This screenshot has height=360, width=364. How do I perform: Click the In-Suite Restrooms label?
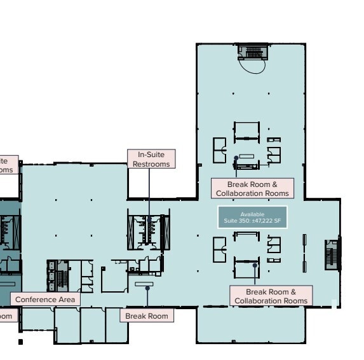pyautogui.click(x=151, y=159)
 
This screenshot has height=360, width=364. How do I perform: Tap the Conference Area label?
pyautogui.click(x=45, y=299)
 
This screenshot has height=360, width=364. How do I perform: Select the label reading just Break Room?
pyautogui.click(x=147, y=315)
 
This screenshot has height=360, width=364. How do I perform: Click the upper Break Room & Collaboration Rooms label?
pyautogui.click(x=252, y=188)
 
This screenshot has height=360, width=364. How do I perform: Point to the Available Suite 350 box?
pyautogui.click(x=252, y=218)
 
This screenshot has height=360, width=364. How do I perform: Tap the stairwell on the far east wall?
pyautogui.click(x=332, y=254)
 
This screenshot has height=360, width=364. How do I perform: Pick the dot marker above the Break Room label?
pyautogui.click(x=147, y=287)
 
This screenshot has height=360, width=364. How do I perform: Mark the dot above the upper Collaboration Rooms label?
pyautogui.click(x=236, y=158)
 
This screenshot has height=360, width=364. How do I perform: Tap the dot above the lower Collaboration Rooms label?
pyautogui.click(x=255, y=265)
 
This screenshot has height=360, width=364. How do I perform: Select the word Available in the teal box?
pyautogui.click(x=252, y=214)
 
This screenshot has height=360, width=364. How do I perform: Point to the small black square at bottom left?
pyautogui.click(x=20, y=342)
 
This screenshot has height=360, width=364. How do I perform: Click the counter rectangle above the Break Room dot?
pyautogui.click(x=144, y=283)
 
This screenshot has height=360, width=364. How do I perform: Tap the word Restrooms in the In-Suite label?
pyautogui.click(x=151, y=164)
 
